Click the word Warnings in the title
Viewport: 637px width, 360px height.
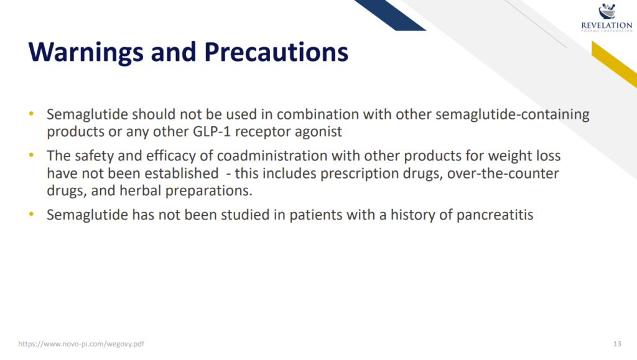tap(86, 52)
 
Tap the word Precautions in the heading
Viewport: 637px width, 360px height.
tap(276, 52)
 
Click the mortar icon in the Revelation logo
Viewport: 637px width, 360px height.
tap(607, 11)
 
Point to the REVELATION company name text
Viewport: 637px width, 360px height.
tap(607, 25)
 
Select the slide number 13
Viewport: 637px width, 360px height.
tap(617, 344)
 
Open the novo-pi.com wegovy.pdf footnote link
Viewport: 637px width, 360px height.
tap(81, 344)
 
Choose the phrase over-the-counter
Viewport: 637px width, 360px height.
tap(503, 173)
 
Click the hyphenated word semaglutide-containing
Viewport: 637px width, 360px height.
tap(513, 115)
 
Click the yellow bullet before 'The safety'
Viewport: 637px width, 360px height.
tap(31, 155)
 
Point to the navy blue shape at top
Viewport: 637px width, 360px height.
tap(390, 14)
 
